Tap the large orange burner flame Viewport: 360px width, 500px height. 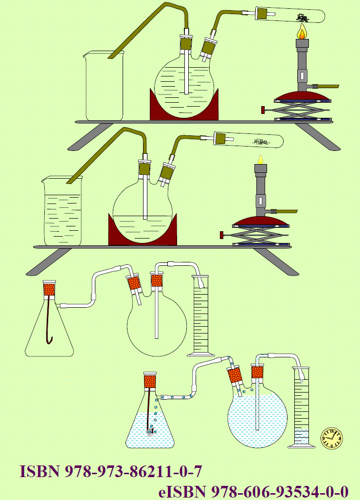tap(302, 33)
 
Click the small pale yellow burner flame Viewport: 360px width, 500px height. tap(261, 159)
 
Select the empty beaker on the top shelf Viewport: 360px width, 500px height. tap(104, 86)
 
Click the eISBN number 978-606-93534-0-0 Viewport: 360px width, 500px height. tap(280, 491)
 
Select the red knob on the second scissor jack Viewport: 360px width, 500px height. tap(221, 236)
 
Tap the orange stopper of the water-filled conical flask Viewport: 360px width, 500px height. tap(150, 380)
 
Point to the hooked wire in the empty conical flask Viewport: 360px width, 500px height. tap(49, 321)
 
